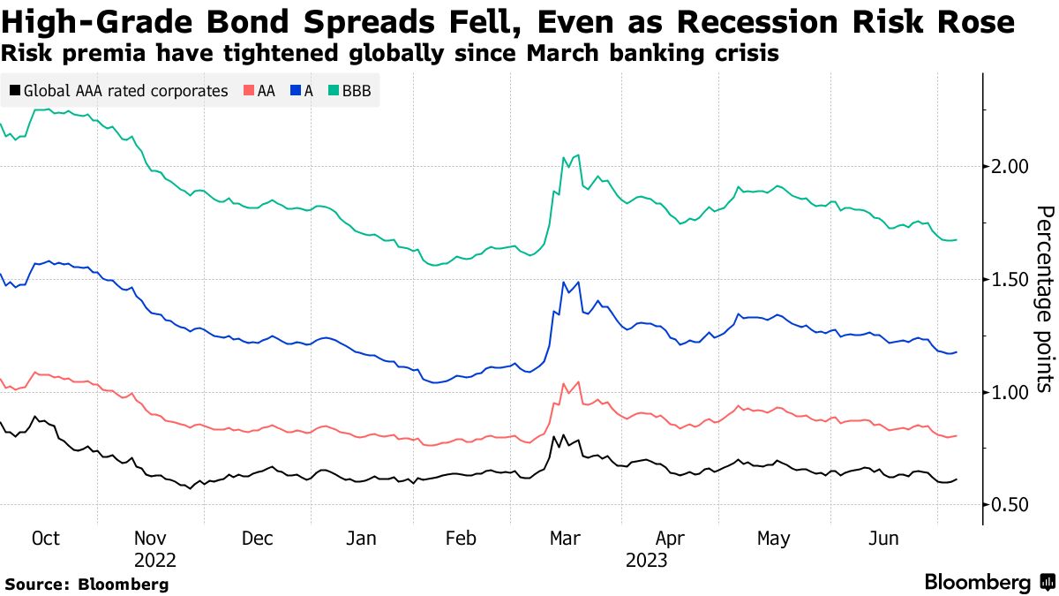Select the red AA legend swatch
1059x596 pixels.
(249, 91)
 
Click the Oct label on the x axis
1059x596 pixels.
(44, 539)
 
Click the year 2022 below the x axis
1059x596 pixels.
(155, 561)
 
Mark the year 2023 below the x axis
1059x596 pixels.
(647, 561)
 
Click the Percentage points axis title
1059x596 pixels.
(1044, 298)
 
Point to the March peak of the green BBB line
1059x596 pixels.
(577, 155)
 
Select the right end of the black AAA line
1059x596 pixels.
(957, 479)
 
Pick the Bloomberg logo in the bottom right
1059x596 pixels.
(988, 583)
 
